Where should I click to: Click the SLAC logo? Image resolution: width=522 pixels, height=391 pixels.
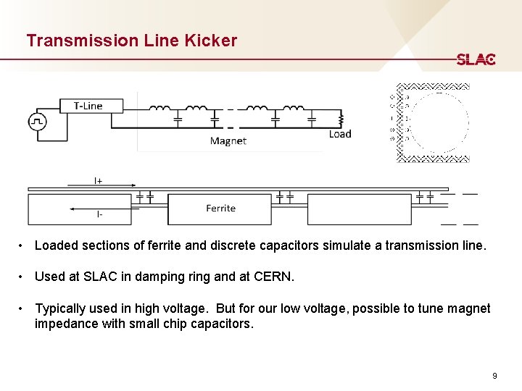pyautogui.click(x=476, y=59)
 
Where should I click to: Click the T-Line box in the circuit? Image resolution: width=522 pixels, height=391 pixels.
pyautogui.click(x=88, y=106)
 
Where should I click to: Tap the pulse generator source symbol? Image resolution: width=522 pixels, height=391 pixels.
pyautogui.click(x=37, y=122)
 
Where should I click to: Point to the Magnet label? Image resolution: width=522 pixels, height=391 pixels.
pyautogui.click(x=228, y=141)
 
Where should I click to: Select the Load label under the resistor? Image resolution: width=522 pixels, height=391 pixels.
pyautogui.click(x=339, y=134)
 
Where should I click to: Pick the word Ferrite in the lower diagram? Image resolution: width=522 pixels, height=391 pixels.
pyautogui.click(x=220, y=209)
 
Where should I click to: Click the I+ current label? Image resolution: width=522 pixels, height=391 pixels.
pyautogui.click(x=98, y=180)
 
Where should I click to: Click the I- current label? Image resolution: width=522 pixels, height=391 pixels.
pyautogui.click(x=99, y=214)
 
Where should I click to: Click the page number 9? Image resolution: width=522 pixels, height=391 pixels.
pyautogui.click(x=494, y=376)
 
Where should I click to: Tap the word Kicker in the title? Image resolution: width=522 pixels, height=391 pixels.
pyautogui.click(x=210, y=41)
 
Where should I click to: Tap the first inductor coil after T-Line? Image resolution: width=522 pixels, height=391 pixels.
pyautogui.click(x=159, y=109)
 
